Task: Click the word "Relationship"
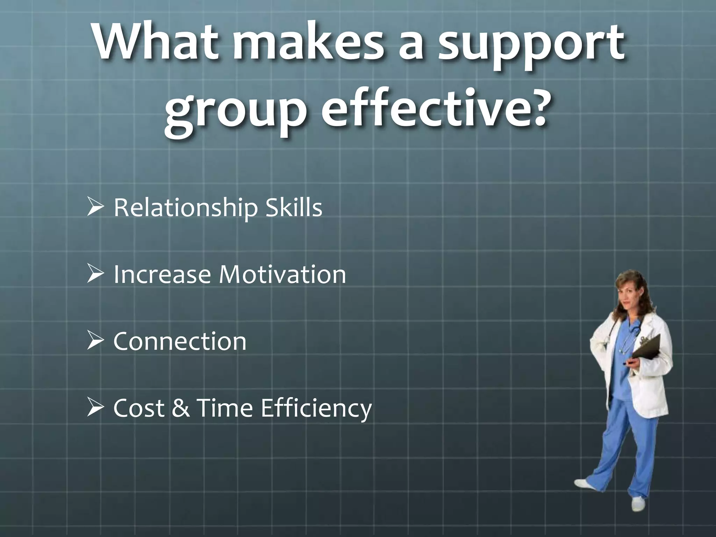coord(185,208)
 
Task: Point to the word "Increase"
coord(162,274)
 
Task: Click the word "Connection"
coord(180,341)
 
